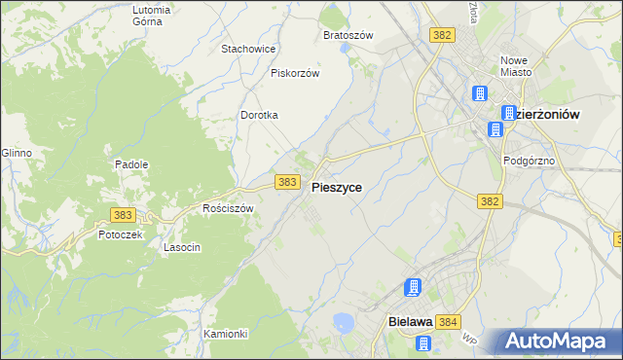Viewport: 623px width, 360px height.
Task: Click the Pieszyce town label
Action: click(337, 189)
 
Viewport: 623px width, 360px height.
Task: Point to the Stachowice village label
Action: click(249, 48)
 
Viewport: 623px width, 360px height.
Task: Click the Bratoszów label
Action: click(348, 35)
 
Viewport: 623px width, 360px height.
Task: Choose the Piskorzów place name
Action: click(296, 72)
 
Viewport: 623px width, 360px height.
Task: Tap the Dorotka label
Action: click(260, 115)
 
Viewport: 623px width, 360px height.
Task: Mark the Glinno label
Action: click(17, 153)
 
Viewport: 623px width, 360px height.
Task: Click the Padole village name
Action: click(131, 164)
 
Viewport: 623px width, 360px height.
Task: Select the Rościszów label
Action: click(228, 208)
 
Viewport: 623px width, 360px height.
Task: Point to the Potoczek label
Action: click(121, 234)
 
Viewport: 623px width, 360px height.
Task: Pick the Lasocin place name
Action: click(182, 247)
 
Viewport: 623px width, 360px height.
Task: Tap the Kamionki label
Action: click(226, 334)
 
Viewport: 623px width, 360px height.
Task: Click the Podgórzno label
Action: click(528, 161)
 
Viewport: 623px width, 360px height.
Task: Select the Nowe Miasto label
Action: click(514, 65)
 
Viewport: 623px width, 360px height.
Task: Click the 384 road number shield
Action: click(448, 322)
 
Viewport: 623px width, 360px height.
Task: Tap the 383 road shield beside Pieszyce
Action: click(286, 182)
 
